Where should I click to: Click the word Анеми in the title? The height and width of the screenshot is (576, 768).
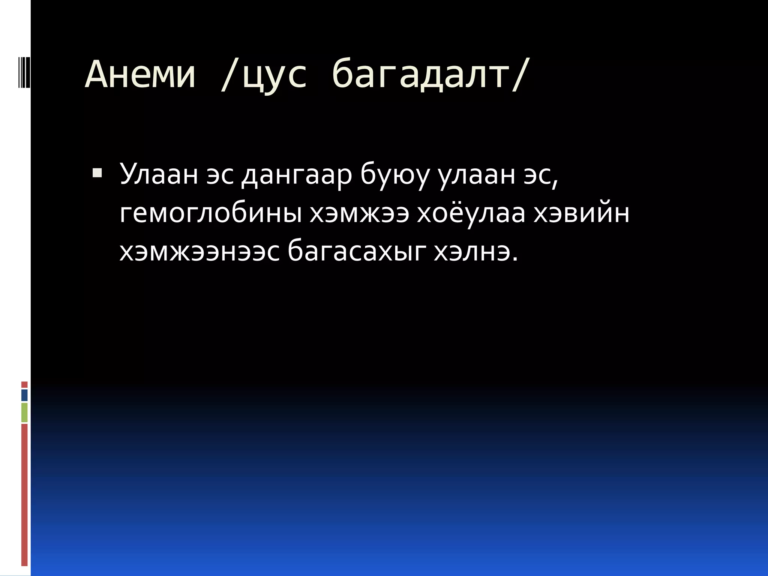tap(140, 75)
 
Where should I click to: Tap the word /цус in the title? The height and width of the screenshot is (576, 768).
tap(263, 75)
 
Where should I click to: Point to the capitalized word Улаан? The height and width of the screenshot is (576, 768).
tap(158, 175)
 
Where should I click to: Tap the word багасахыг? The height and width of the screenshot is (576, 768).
tap(356, 253)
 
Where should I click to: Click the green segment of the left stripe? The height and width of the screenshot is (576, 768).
tap(24, 412)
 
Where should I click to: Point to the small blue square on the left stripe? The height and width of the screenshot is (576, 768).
tap(24, 395)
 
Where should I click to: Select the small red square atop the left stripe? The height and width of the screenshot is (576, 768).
tap(24, 384)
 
